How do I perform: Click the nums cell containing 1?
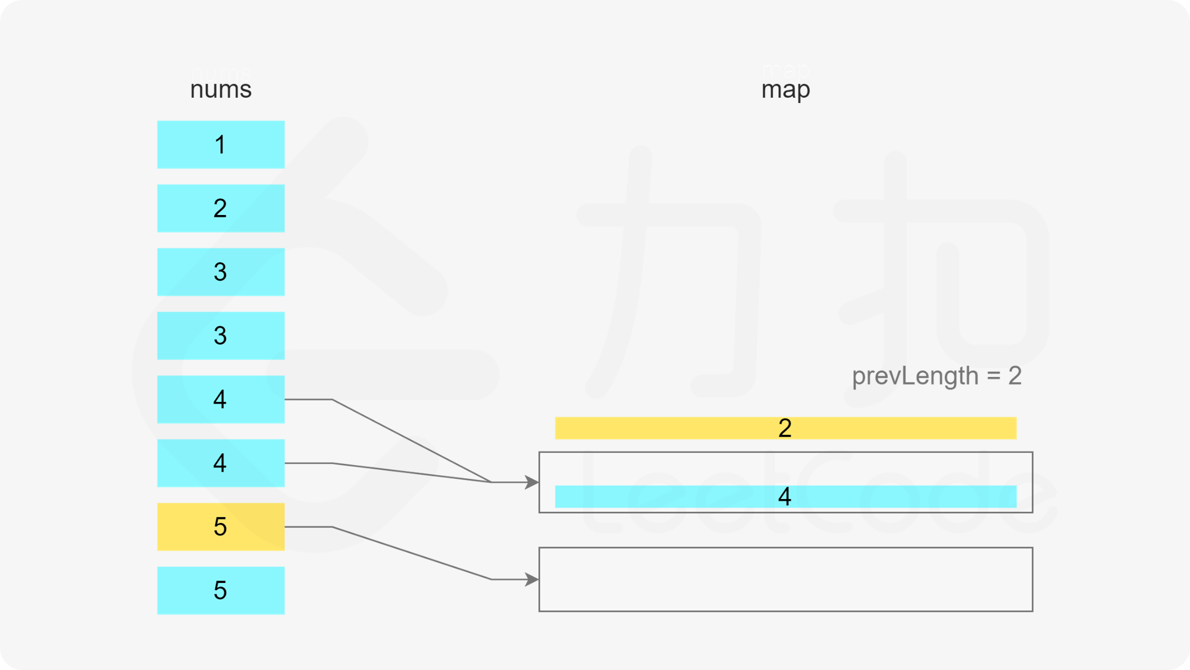pos(221,145)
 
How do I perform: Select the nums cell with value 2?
pos(221,208)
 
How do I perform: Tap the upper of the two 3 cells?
pos(221,272)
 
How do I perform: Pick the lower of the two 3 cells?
pos(221,336)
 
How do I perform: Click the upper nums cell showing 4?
pos(221,400)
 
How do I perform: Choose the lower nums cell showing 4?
pos(221,463)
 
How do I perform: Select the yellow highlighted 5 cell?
pos(221,527)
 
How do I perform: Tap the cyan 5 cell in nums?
pos(221,591)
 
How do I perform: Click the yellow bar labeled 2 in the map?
pos(785,428)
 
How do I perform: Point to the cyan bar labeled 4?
pos(785,497)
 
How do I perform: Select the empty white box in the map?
pos(785,579)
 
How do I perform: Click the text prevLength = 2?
pos(937,376)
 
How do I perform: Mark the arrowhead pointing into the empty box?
pos(531,579)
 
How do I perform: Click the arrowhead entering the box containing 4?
pos(531,482)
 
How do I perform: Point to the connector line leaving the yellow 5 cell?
pos(411,553)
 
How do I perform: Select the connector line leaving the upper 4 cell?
pos(411,441)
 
